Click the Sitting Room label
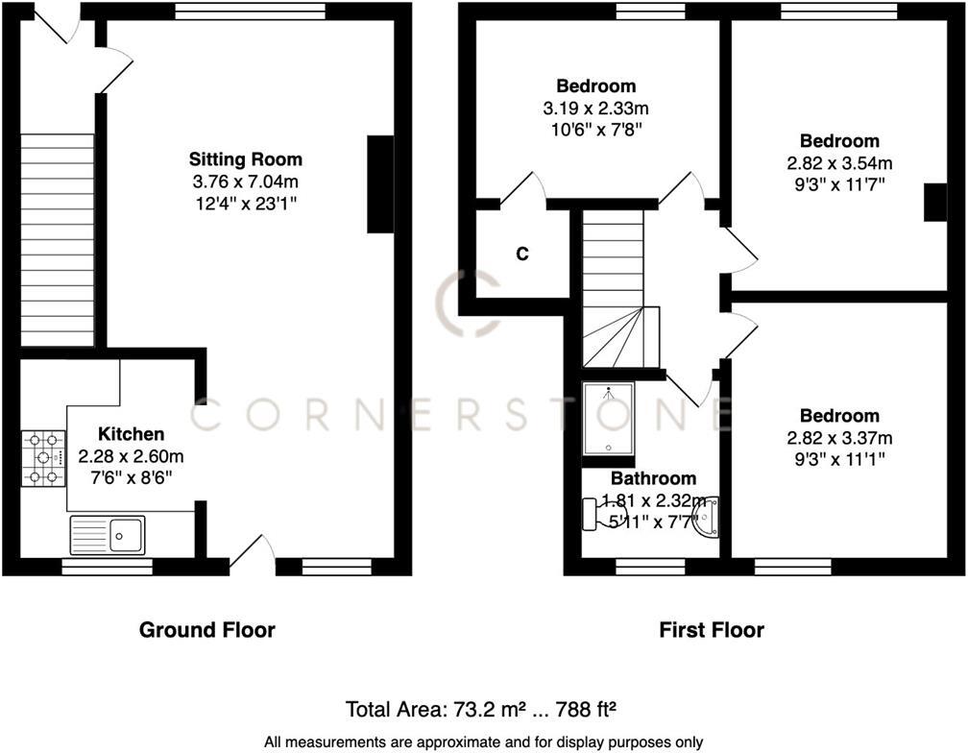tap(245, 159)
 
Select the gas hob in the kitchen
tap(43, 458)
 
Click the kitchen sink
tap(107, 534)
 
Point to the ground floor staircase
tap(58, 239)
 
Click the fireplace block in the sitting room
tap(380, 184)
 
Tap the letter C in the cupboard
tap(522, 255)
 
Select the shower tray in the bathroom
tap(608, 418)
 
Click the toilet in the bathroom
tap(601, 514)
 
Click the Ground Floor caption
tap(207, 630)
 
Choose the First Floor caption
tap(712, 630)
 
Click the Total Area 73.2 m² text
tap(480, 710)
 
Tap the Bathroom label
tap(653, 478)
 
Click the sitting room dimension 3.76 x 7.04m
tap(245, 182)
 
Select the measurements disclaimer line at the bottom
tap(484, 741)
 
